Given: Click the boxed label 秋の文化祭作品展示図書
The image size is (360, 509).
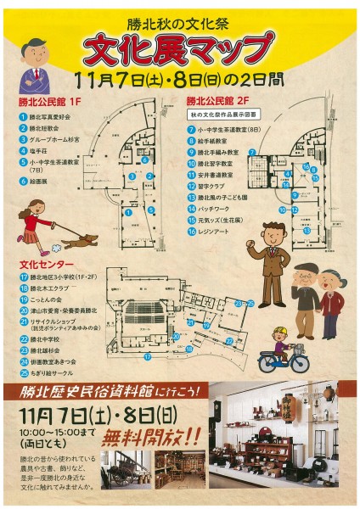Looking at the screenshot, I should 224,113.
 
